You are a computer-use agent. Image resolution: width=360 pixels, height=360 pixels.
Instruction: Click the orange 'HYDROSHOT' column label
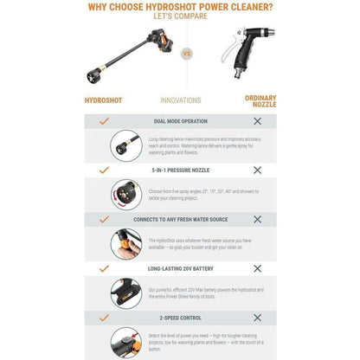103,100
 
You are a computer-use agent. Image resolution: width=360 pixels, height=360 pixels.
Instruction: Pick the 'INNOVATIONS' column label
180,100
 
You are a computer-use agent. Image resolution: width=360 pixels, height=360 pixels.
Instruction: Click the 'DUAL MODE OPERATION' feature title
180,122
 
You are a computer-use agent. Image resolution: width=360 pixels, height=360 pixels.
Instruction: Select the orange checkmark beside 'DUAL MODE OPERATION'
103,122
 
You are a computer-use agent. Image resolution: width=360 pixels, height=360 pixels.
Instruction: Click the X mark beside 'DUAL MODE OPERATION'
257,122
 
